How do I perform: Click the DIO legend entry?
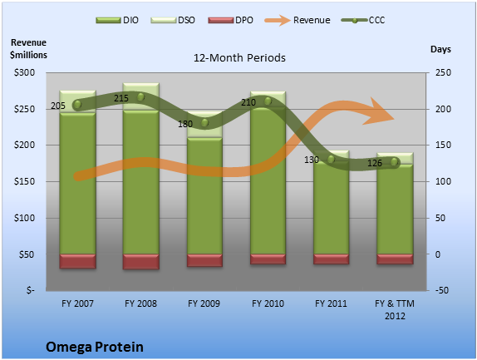pos(117,20)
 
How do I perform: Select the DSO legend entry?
pos(173,20)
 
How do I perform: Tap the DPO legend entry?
pos(230,20)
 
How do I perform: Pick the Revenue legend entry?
pos(298,20)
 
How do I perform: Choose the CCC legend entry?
pos(363,20)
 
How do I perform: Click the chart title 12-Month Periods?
pos(239,58)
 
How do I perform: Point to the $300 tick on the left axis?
pos(24,72)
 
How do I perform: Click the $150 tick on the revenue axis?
pos(24,181)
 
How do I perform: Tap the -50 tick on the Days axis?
pos(442,290)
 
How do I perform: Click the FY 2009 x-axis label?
pos(204,303)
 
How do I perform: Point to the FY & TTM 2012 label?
pos(395,310)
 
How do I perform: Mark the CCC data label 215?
pos(121,98)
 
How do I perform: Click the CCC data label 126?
pos(375,164)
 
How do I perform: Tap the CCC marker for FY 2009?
pos(204,123)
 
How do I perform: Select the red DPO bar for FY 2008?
pos(140,262)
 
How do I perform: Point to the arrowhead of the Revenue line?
pos(394,119)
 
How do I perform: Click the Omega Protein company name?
pos(95,348)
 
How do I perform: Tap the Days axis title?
pos(440,49)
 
